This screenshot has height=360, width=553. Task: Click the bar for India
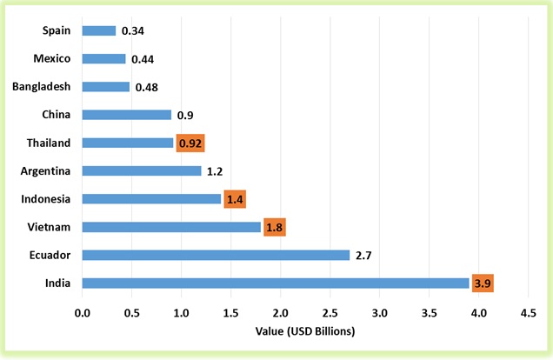pyautogui.click(x=276, y=283)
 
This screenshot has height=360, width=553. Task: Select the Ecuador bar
pyautogui.click(x=216, y=256)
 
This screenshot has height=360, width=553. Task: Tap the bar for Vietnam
pyautogui.click(x=171, y=227)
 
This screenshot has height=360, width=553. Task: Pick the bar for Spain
pyautogui.click(x=99, y=30)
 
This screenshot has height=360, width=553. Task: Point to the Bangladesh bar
pyautogui.click(x=106, y=87)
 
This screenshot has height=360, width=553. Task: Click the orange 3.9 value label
pyautogui.click(x=483, y=283)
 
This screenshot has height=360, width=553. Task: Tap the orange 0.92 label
pyautogui.click(x=190, y=143)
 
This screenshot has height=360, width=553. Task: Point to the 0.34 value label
pyautogui.click(x=132, y=31)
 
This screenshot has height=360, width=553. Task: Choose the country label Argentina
pyautogui.click(x=45, y=170)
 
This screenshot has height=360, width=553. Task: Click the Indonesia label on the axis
pyautogui.click(x=45, y=199)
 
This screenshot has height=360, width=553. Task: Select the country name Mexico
pyautogui.click(x=51, y=59)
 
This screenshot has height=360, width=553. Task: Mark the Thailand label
pyautogui.click(x=49, y=143)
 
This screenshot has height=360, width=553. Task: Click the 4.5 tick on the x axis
pyautogui.click(x=528, y=311)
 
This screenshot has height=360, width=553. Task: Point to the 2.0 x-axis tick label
pyautogui.click(x=281, y=311)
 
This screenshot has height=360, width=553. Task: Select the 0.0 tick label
pyautogui.click(x=83, y=311)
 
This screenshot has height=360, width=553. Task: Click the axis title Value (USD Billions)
pyautogui.click(x=305, y=331)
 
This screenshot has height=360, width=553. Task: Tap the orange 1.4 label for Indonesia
pyautogui.click(x=235, y=199)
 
